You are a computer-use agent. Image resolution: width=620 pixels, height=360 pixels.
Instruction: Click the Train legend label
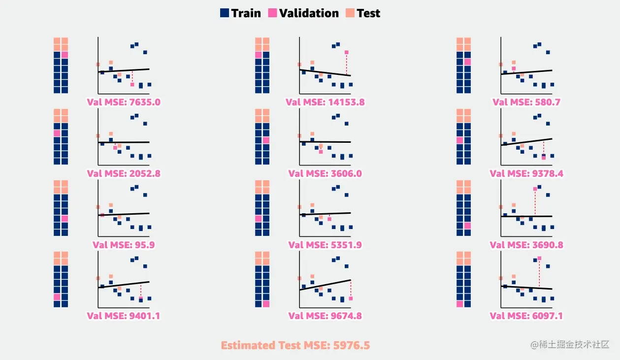[x=246, y=13]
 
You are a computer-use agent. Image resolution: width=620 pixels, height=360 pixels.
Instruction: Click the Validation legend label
[x=309, y=13]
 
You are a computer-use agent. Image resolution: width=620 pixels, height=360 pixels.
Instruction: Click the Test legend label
[x=368, y=13]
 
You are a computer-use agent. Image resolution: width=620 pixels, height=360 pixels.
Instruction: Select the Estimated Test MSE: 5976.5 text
[x=295, y=345]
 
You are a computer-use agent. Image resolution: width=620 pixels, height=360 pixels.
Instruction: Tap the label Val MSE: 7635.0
[x=124, y=102]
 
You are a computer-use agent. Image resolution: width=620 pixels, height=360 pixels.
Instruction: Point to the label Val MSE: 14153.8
[x=325, y=102]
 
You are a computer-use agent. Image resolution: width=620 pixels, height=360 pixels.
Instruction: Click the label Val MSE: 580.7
[x=526, y=102]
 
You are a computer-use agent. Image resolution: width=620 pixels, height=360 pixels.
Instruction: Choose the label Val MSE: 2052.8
[x=124, y=173]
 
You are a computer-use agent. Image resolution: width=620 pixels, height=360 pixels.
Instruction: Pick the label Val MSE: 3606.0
[x=325, y=173]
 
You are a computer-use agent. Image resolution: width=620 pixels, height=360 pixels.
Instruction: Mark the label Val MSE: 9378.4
[x=526, y=173]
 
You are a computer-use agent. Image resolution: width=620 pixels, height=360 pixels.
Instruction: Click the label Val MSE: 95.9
[x=124, y=245]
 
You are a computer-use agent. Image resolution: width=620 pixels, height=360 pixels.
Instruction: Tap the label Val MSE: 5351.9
[x=325, y=245]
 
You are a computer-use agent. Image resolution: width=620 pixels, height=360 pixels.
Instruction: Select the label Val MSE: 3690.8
[x=526, y=245]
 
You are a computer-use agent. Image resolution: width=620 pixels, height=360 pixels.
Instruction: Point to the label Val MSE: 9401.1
[x=124, y=316]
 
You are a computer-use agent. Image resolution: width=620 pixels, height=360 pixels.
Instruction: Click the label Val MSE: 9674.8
[x=325, y=316]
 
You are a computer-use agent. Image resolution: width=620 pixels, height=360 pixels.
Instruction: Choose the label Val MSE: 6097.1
[x=526, y=316]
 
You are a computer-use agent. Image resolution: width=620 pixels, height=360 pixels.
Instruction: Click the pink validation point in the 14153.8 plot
[x=347, y=52]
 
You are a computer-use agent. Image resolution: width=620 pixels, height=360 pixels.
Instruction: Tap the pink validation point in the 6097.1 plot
[x=539, y=258]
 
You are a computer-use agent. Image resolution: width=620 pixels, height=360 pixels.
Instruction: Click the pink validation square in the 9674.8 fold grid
[x=266, y=304]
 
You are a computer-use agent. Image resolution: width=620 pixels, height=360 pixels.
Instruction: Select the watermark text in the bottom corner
[x=570, y=345]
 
